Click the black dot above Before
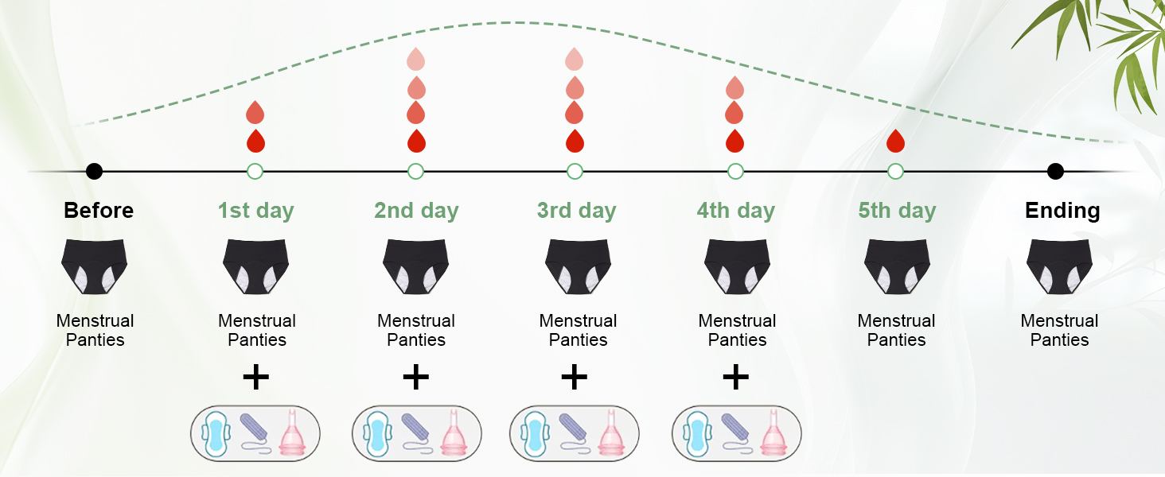[x=94, y=171]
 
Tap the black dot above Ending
[x=1055, y=171]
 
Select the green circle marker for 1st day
[x=255, y=171]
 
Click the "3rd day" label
[x=576, y=211]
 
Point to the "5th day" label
[x=897, y=211]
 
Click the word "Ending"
[x=1062, y=211]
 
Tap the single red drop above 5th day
[x=895, y=141]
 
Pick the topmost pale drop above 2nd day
[x=416, y=59]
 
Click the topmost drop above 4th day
[x=735, y=87]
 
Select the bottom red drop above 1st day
[x=255, y=142]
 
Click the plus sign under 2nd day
[x=416, y=377]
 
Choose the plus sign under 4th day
[x=735, y=377]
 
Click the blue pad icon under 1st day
[x=215, y=434]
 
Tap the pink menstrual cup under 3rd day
[x=611, y=434]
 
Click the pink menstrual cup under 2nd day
[x=454, y=434]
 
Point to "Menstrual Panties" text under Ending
[x=1059, y=330]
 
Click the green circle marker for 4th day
[x=735, y=171]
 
